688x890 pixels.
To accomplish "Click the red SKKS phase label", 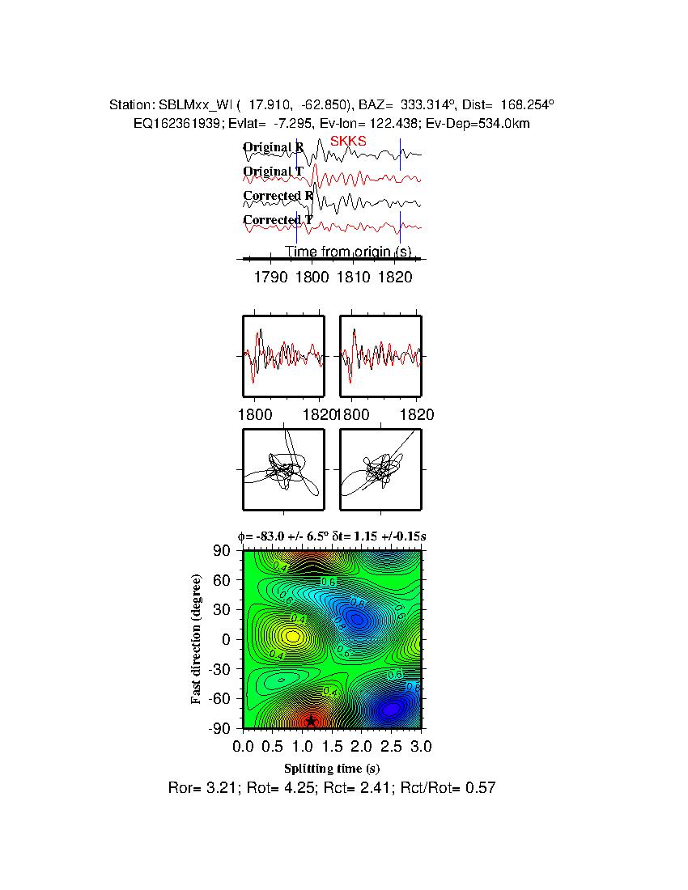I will [348, 141].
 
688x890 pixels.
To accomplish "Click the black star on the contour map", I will [311, 721].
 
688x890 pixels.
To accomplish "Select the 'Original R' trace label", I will [274, 147].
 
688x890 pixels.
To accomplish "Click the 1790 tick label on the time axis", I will [271, 278].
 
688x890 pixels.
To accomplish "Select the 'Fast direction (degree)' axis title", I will [197, 639].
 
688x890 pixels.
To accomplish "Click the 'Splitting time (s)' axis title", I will [332, 768].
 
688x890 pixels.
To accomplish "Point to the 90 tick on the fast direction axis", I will [223, 551].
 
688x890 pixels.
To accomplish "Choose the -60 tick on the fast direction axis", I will [220, 698].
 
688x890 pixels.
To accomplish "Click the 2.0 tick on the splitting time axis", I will [362, 745].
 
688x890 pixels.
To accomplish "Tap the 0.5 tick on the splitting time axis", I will [273, 745].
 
